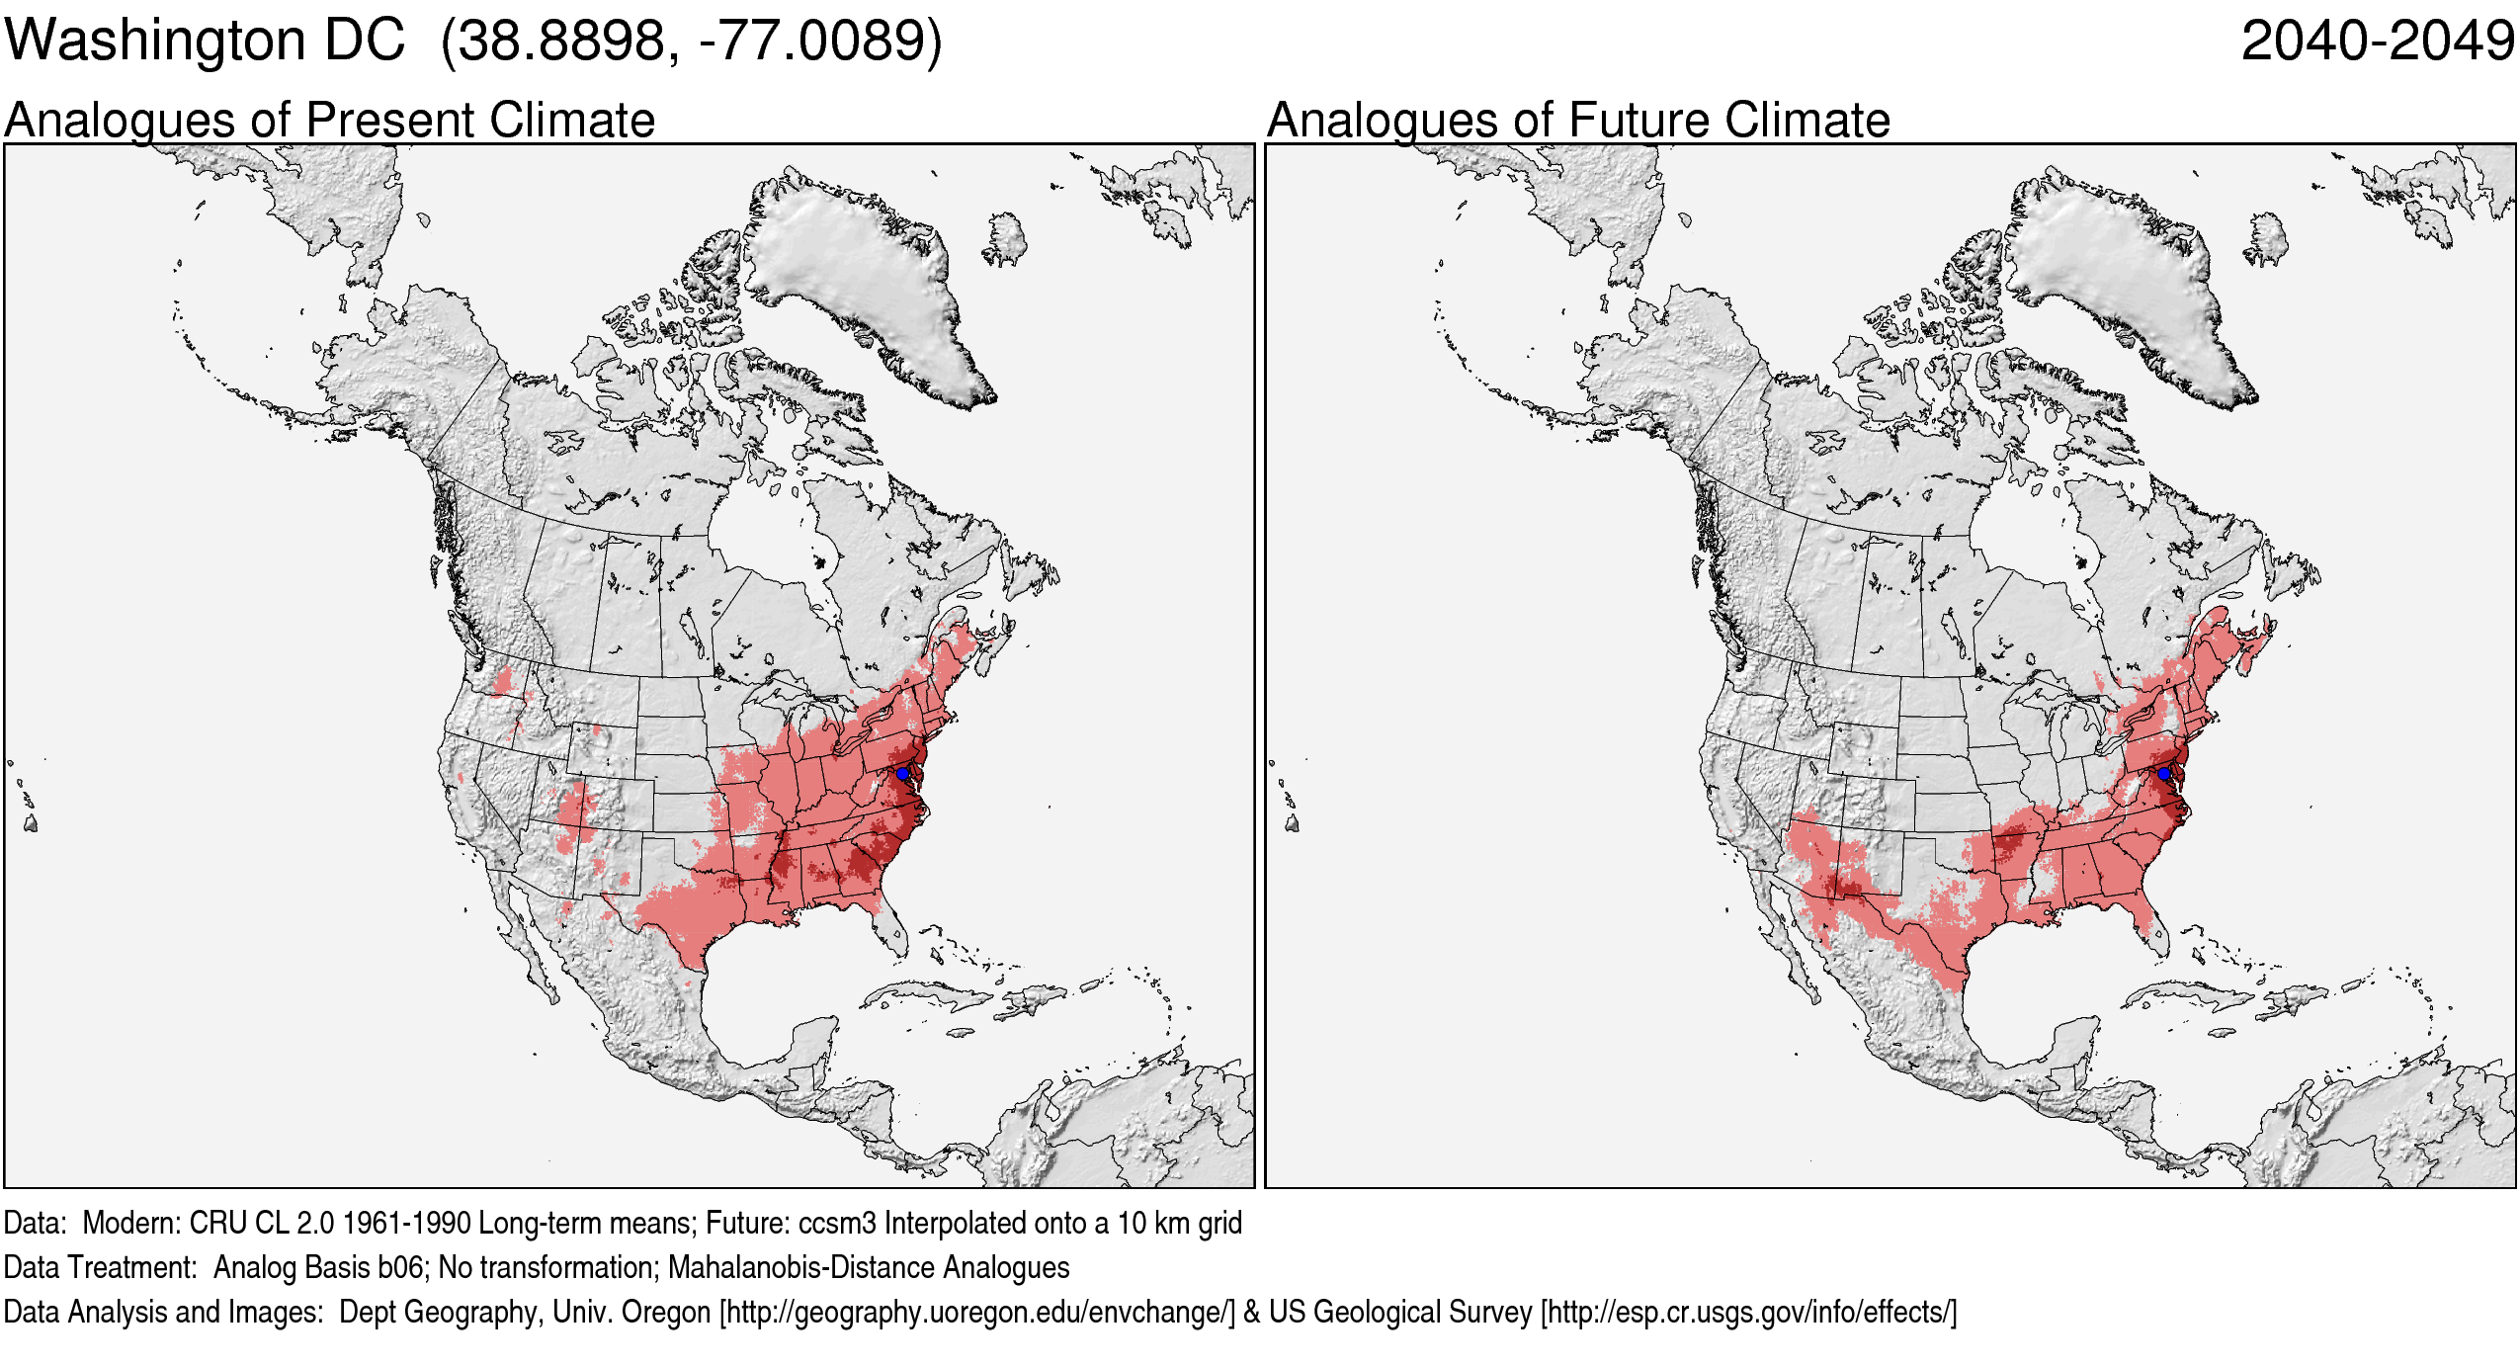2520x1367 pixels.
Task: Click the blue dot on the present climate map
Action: [902, 773]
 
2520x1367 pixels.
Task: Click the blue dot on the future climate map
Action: [2164, 773]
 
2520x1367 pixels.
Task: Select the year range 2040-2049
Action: [2377, 42]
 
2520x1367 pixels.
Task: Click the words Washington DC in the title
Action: [205, 42]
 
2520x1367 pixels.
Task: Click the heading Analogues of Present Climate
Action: [329, 121]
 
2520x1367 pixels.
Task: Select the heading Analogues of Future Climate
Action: [1578, 121]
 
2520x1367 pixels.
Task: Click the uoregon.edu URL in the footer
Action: [977, 1312]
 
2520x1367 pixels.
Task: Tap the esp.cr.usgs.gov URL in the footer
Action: [1748, 1312]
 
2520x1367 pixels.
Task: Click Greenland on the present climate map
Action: [860, 277]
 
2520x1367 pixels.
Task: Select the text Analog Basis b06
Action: [318, 1267]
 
